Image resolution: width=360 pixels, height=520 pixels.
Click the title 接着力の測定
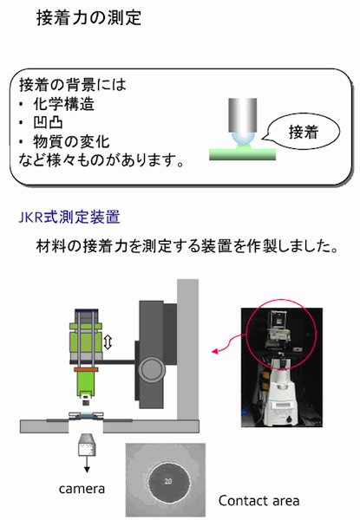(89, 17)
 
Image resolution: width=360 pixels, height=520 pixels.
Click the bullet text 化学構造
(63, 104)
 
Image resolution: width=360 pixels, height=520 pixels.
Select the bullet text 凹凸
(48, 123)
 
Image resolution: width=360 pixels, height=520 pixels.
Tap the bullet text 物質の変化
(71, 141)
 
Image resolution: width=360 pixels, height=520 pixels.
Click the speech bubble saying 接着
(303, 132)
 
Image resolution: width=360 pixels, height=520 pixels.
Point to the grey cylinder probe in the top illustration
(243, 114)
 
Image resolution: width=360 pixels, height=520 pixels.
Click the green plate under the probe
(243, 154)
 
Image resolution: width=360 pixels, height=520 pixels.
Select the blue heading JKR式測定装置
(69, 218)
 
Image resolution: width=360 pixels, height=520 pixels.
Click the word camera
(82, 489)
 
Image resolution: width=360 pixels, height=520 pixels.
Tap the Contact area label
(259, 500)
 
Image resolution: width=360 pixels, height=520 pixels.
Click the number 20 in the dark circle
(168, 481)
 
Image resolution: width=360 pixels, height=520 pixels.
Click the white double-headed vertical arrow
(108, 342)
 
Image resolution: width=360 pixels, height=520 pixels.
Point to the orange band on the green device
(86, 369)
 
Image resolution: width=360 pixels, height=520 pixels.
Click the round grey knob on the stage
(151, 370)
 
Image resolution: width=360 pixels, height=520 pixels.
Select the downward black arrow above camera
(87, 465)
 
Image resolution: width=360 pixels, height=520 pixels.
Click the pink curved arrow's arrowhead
(216, 350)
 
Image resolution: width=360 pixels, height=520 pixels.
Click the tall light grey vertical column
(187, 349)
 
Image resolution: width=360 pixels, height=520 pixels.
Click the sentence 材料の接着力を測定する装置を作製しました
(187, 246)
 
